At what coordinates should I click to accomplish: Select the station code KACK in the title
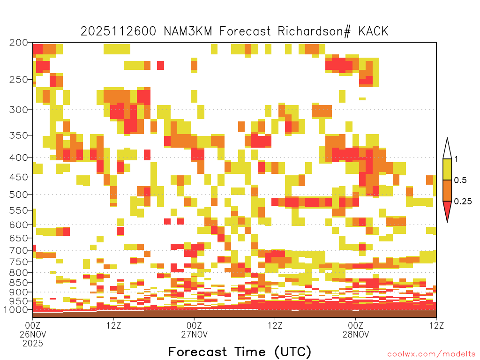pos(373,31)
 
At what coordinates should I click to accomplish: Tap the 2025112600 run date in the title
pos(118,31)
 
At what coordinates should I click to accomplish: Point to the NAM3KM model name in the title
pos(188,31)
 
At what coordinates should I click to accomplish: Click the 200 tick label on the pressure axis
pos(19,43)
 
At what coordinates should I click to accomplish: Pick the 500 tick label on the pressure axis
pos(19,195)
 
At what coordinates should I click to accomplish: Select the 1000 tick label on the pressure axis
pos(16,310)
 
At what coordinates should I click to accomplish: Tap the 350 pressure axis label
pos(19,135)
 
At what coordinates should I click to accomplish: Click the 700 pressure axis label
pos(19,250)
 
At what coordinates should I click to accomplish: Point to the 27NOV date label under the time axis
pos(194,334)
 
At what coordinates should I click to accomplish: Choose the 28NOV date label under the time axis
pos(356,334)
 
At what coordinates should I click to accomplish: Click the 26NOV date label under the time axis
pos(33,334)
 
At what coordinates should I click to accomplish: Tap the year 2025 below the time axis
pos(33,344)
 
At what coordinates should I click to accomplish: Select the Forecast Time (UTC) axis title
pos(240,352)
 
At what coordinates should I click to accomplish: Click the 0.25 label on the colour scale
pos(463,201)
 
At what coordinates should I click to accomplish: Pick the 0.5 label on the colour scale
pos(460,180)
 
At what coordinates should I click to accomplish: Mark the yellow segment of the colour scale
pos(447,169)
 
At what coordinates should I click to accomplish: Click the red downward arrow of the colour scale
pos(447,210)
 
